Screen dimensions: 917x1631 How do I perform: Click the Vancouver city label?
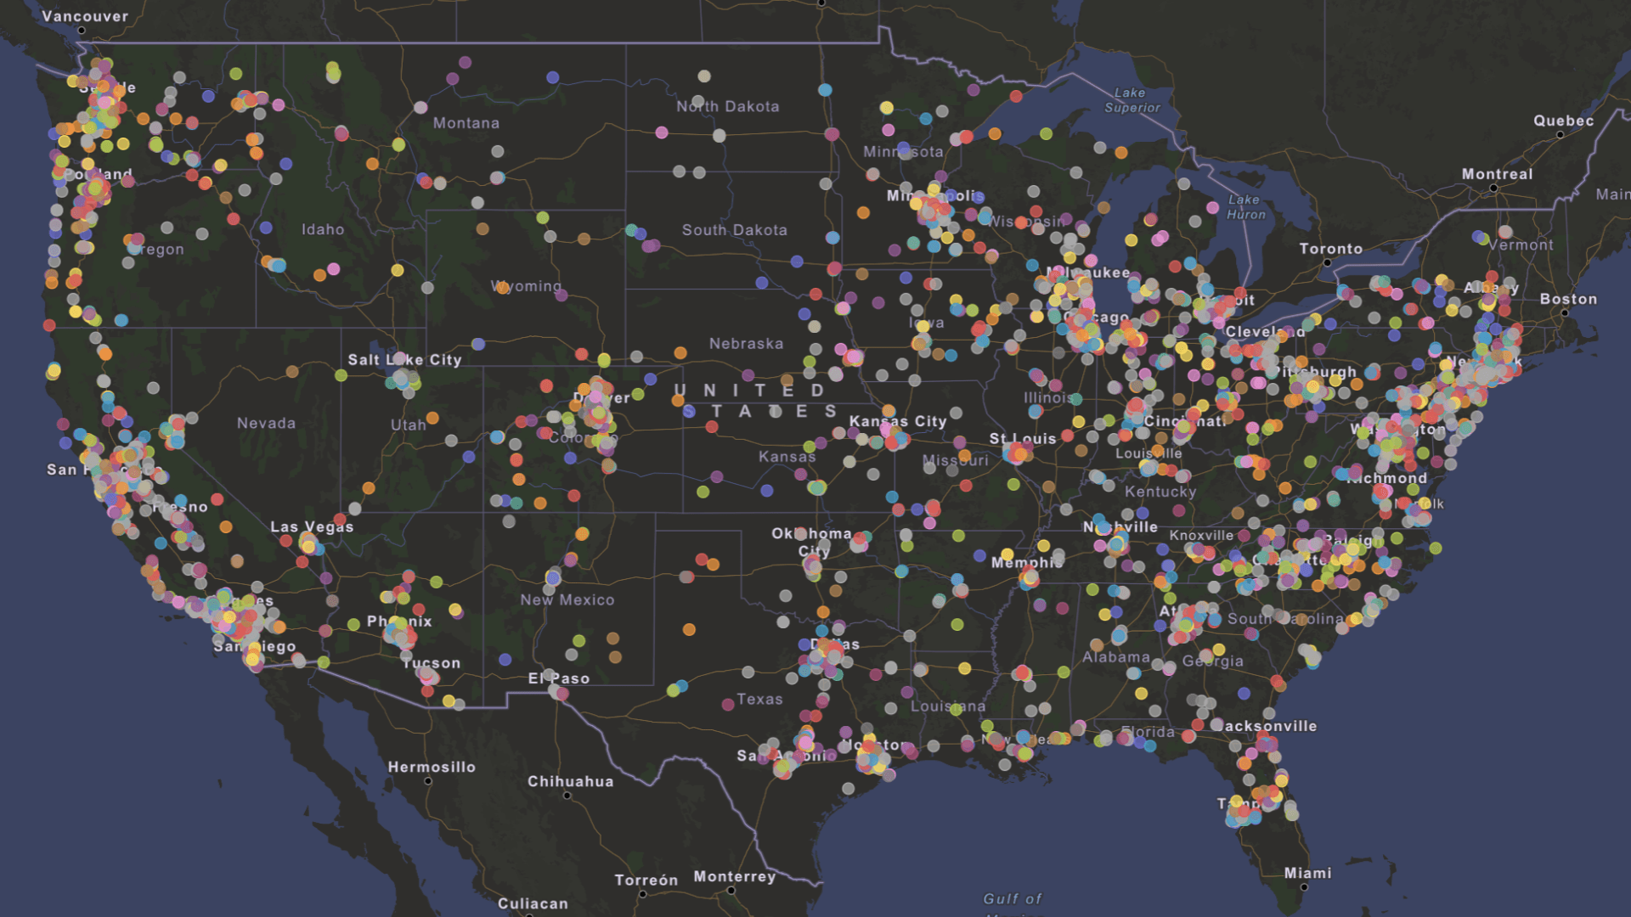point(85,16)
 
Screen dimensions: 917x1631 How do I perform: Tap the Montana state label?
point(466,123)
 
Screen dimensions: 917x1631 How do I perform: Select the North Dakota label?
point(727,106)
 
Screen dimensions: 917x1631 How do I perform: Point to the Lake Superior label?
point(1132,100)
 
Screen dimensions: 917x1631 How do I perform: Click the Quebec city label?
point(1563,121)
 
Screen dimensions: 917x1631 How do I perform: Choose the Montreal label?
point(1497,174)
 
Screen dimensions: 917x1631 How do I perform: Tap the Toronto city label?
point(1330,249)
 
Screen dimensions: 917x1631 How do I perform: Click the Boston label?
point(1568,299)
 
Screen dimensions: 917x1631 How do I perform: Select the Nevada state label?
point(266,423)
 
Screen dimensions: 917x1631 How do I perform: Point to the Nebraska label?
point(746,344)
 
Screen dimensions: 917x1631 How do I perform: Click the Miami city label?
point(1307,873)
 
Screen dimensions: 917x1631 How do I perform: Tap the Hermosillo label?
point(432,767)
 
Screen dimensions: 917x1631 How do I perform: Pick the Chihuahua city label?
point(570,781)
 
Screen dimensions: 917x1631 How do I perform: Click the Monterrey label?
point(734,876)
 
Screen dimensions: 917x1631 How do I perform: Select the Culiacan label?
point(533,903)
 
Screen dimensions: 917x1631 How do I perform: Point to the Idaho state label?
point(323,229)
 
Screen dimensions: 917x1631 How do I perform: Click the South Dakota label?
point(734,230)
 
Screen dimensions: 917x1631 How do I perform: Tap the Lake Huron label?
point(1245,207)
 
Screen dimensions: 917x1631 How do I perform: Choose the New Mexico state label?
point(567,599)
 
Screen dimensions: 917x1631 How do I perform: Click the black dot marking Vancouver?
point(82,31)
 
